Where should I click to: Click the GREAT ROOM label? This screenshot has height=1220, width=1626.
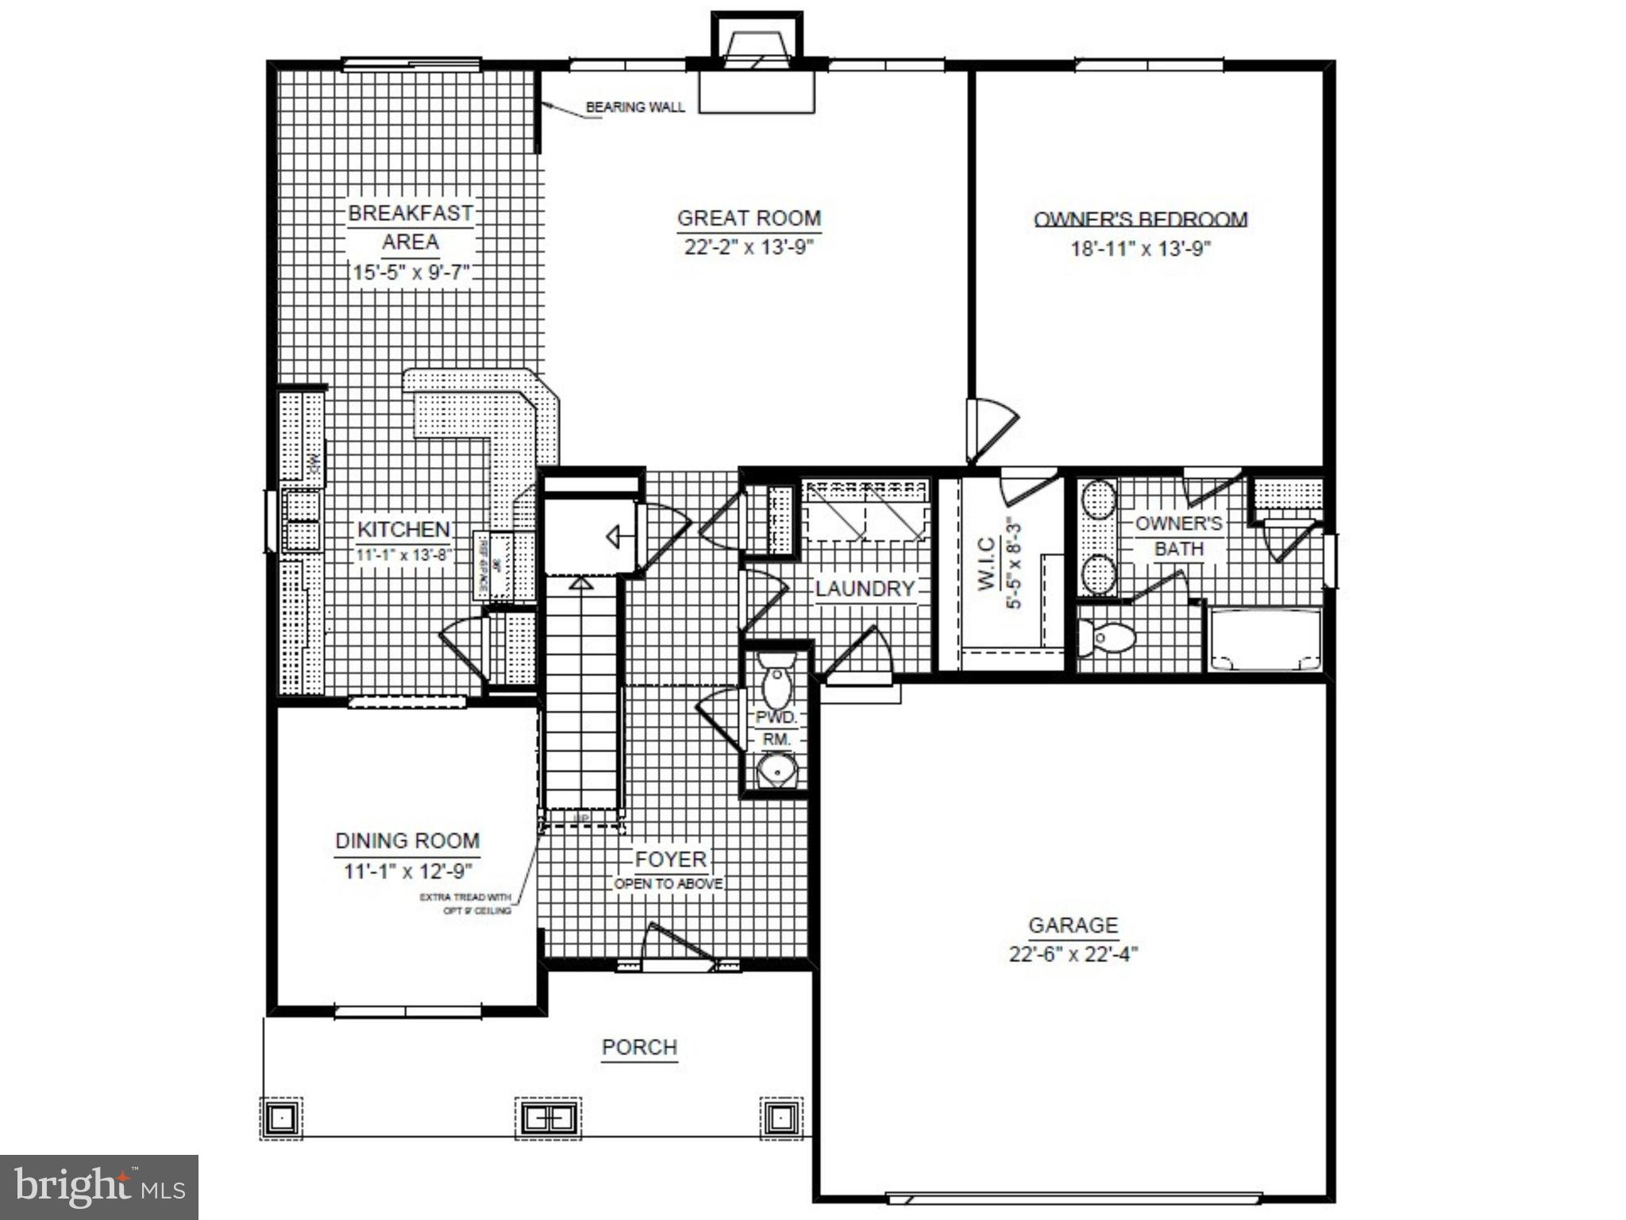click(x=749, y=218)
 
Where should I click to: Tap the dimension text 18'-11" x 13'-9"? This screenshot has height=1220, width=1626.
click(x=1140, y=249)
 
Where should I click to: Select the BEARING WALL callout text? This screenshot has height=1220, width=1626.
click(x=634, y=107)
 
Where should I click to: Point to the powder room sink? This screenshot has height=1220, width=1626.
click(x=776, y=769)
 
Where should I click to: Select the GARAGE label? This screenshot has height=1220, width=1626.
click(x=1073, y=925)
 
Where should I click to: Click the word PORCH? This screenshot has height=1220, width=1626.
click(x=639, y=1048)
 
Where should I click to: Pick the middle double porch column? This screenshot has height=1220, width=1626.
click(x=548, y=1118)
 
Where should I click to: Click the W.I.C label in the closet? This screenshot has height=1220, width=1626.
click(x=987, y=564)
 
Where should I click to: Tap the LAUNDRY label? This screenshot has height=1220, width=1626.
click(x=865, y=589)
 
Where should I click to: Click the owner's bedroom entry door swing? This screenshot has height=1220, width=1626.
click(x=989, y=429)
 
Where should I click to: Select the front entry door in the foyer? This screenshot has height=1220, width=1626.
click(x=677, y=945)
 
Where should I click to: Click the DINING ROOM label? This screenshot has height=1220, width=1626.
click(x=407, y=841)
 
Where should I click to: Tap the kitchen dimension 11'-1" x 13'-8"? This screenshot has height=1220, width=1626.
click(x=403, y=554)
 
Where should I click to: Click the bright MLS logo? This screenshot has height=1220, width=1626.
click(x=99, y=1187)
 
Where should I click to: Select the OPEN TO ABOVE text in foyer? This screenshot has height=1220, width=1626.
click(x=669, y=884)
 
